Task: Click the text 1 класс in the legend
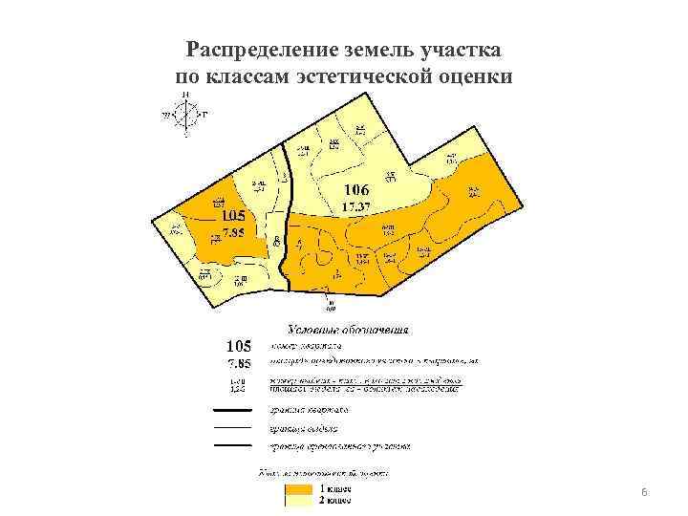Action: click(x=336, y=488)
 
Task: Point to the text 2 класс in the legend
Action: click(x=336, y=499)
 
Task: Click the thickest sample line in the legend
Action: click(x=232, y=410)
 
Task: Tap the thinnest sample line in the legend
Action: click(x=232, y=427)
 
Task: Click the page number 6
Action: click(x=645, y=492)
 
